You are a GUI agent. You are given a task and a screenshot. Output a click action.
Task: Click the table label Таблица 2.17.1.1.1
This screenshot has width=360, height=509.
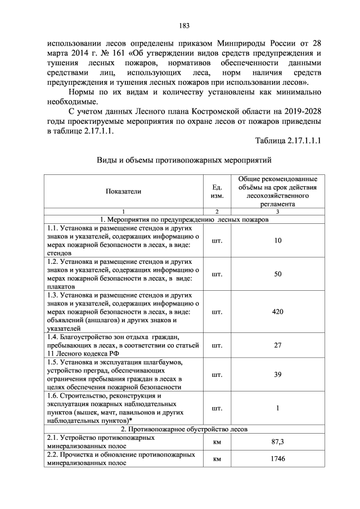(x=287, y=140)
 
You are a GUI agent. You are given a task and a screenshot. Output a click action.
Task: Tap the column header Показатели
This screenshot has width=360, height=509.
(x=123, y=191)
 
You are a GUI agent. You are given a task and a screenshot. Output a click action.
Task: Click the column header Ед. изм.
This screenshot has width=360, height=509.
(x=217, y=191)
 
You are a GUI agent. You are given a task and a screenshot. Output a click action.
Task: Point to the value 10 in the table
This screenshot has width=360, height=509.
(x=278, y=241)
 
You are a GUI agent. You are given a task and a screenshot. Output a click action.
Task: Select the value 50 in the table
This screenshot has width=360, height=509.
(x=278, y=274)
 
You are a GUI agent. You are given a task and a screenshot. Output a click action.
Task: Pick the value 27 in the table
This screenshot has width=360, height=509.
(x=278, y=345)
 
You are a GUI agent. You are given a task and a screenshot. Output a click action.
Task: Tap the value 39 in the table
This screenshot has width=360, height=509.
(x=278, y=374)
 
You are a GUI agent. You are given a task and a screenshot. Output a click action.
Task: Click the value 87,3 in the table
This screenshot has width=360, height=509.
(x=278, y=443)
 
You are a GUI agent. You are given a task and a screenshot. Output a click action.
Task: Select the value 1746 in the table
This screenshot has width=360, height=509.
(x=278, y=459)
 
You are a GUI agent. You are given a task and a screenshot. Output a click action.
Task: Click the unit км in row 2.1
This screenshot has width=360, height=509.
(x=217, y=443)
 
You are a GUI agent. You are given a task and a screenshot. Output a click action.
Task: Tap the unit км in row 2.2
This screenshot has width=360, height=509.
(x=217, y=459)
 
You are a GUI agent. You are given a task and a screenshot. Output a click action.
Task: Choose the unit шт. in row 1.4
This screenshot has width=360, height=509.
(x=217, y=345)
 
